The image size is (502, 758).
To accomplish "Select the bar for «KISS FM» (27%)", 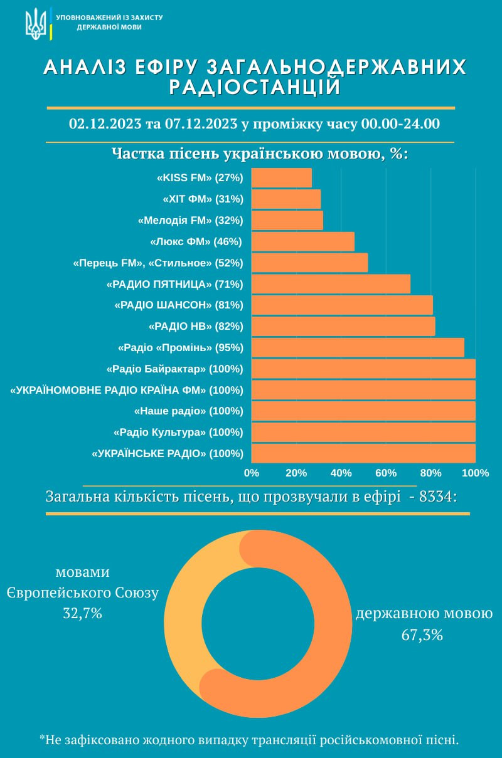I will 281,178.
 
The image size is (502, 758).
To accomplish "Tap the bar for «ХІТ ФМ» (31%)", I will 286,199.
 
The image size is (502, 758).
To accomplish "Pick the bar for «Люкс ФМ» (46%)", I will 302,241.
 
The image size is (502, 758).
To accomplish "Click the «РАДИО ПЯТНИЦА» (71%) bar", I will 331,284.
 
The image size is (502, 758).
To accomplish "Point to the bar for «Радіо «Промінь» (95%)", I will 358,347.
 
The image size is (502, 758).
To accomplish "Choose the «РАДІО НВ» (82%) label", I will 196,326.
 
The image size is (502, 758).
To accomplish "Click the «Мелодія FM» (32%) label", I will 190,221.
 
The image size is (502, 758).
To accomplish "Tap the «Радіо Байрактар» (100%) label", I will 175,369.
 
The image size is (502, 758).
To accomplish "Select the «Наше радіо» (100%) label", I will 189,411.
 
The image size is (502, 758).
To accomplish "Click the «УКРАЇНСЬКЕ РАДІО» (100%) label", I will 168,453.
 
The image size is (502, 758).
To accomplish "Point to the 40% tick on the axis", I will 341,473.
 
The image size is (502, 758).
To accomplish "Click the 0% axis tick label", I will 251,473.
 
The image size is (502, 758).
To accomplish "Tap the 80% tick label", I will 430,473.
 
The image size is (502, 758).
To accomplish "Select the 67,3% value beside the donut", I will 422,635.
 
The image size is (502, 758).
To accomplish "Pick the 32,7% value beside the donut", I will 82,613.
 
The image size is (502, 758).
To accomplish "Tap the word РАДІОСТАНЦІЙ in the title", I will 255,87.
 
